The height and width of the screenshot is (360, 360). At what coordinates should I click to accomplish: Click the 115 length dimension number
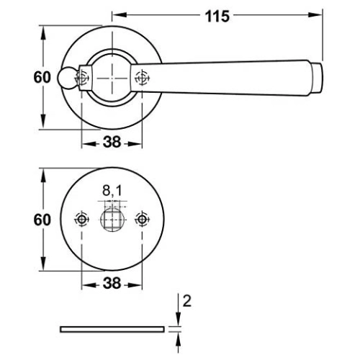click(x=217, y=17)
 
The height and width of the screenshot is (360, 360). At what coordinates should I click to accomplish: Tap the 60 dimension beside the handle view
click(x=42, y=77)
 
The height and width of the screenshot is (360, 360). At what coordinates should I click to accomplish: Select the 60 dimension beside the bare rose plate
click(x=42, y=220)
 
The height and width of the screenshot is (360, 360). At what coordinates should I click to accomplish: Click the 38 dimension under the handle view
click(x=112, y=142)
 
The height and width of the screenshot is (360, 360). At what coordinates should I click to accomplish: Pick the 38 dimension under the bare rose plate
click(x=112, y=283)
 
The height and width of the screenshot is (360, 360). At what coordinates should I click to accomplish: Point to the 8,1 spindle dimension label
click(x=112, y=191)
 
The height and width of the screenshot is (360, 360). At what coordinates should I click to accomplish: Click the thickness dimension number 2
click(x=187, y=301)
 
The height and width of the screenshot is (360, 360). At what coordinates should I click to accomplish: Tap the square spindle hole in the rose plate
click(x=112, y=220)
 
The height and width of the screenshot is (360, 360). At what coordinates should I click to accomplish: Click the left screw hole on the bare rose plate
click(x=82, y=220)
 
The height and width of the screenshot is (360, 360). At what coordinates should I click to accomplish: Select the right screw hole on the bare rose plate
click(x=142, y=220)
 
